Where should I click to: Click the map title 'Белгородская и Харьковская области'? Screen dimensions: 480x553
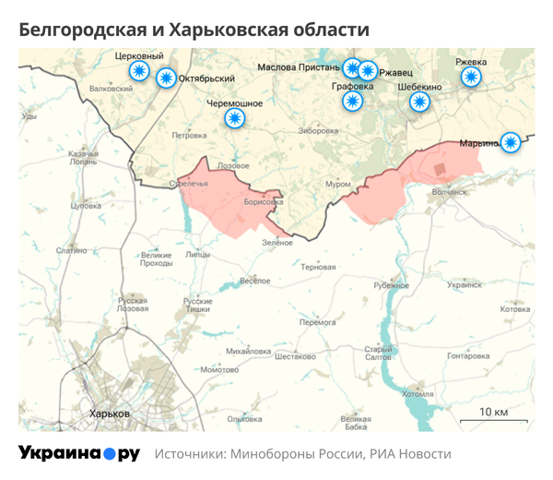coord(194,30)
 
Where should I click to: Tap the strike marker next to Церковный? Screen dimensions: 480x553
coord(139,71)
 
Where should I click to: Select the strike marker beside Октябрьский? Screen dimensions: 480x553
coord(167,79)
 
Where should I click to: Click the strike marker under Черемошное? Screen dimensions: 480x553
coord(236,118)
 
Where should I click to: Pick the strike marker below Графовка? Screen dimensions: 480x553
coord(352,102)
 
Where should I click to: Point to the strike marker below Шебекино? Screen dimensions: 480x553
coord(420,102)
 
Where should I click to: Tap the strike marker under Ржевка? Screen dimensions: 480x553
coord(472,77)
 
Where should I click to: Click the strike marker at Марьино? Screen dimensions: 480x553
coord(511,142)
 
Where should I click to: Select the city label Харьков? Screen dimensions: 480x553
coord(107,413)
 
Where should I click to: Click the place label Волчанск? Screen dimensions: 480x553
coord(450,192)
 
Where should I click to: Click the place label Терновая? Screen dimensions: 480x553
coord(318,267)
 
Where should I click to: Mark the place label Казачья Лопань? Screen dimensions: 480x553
coord(83,157)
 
